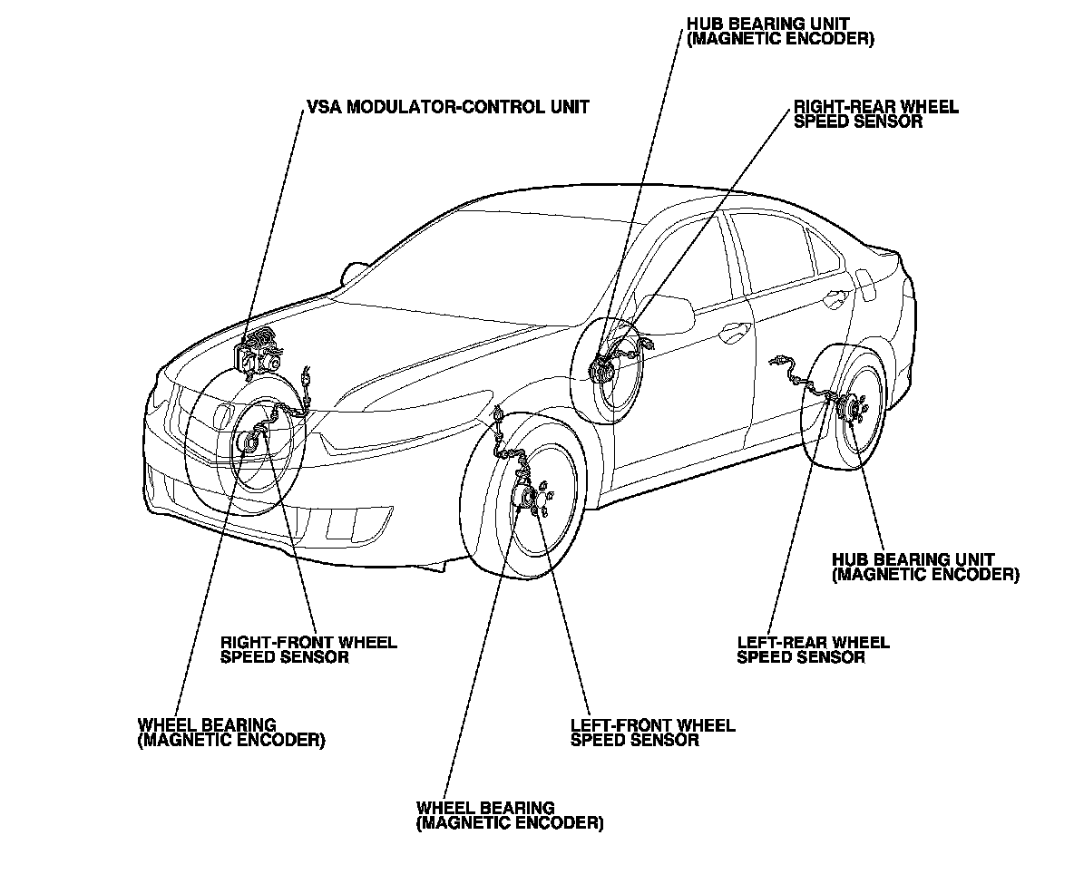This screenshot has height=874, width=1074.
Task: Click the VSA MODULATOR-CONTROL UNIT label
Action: tap(448, 107)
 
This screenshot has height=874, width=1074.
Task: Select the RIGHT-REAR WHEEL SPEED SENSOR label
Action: tap(875, 114)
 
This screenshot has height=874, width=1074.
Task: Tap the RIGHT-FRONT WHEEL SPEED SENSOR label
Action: tap(308, 649)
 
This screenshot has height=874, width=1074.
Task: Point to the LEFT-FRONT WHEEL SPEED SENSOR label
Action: tap(652, 733)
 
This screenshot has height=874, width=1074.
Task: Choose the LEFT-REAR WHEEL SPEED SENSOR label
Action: tap(813, 649)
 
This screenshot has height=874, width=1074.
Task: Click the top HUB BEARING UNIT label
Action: tap(780, 32)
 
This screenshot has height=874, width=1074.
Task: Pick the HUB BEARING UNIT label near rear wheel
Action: tap(924, 567)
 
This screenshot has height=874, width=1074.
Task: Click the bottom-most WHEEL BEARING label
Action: tap(509, 815)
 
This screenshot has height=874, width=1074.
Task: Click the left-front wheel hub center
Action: tap(526, 499)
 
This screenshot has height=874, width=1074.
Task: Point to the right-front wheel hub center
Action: tap(249, 442)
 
